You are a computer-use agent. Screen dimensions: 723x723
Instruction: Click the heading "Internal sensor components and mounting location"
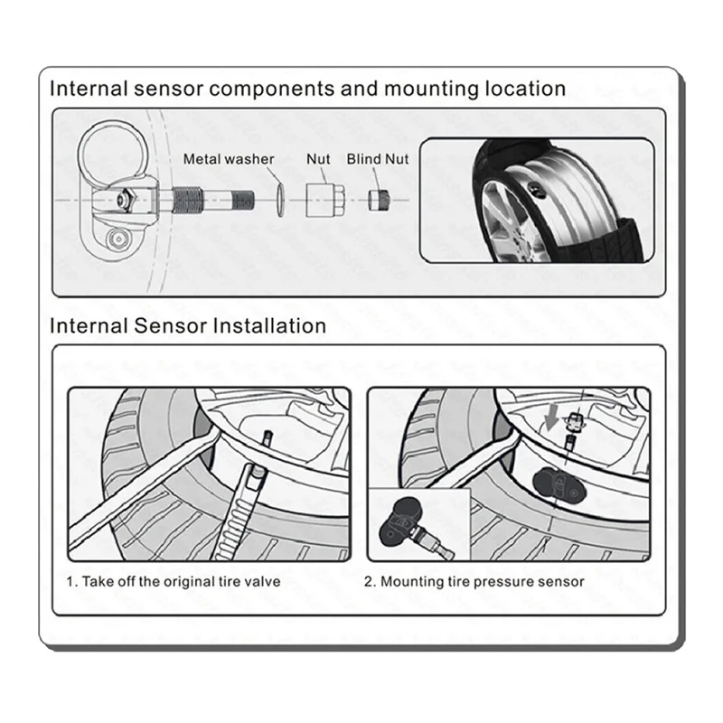(307, 89)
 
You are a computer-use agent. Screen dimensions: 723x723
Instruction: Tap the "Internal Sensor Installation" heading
(187, 324)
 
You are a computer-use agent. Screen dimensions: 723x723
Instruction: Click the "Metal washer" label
(229, 159)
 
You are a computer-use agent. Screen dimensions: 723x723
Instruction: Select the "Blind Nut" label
(378, 159)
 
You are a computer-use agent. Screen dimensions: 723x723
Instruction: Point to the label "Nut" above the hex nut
(319, 159)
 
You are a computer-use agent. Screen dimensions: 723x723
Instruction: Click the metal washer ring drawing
(281, 197)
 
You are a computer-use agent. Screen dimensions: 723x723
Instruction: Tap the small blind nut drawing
(378, 197)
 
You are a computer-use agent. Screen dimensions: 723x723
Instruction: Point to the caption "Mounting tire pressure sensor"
(474, 581)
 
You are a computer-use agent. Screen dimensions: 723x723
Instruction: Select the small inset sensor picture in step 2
(415, 524)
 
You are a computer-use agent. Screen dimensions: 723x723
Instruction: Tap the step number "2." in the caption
(370, 581)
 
